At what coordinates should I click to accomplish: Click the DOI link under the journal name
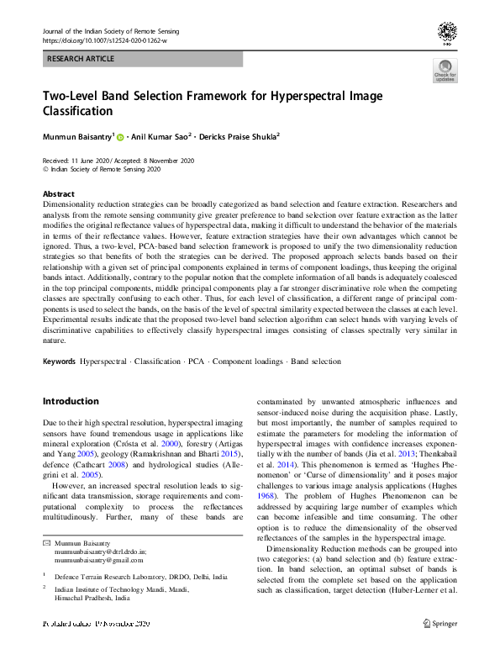(x=104, y=40)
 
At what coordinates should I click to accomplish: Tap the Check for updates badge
(x=445, y=71)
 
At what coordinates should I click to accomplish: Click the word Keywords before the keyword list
(x=59, y=362)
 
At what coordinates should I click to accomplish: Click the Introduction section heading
(x=71, y=402)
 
